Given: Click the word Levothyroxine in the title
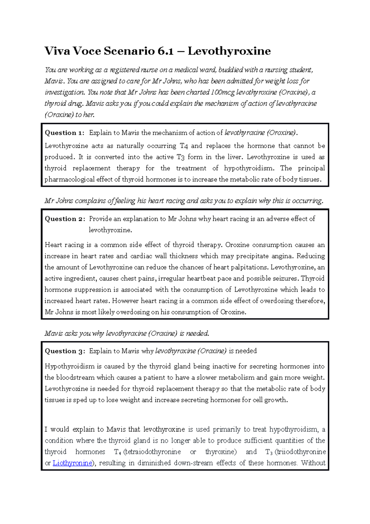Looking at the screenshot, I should pos(229,51).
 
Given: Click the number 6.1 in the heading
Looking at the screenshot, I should pos(165,51).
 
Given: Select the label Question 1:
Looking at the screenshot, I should pos(64,133).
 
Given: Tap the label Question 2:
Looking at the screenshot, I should pos(65,219).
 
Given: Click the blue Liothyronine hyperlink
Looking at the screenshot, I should pos(72,463).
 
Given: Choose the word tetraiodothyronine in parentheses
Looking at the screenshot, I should pos(153,452).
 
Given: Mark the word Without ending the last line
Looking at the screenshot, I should pos(313,463).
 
